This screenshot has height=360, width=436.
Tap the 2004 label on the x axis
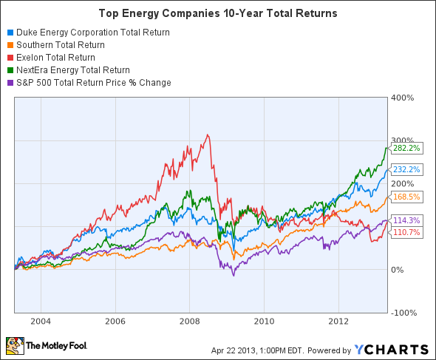41,322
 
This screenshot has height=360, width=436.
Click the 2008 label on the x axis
189,322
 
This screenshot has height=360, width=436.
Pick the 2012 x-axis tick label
338,322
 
